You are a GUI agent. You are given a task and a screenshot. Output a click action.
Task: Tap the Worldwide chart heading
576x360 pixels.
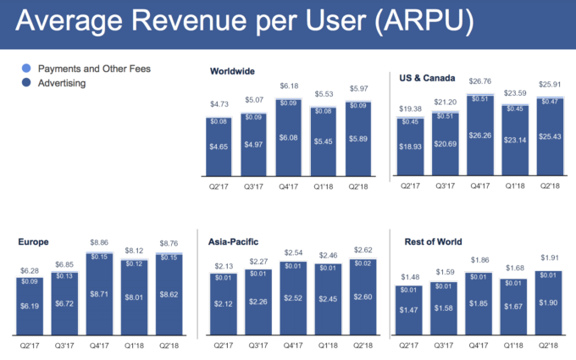[x=233, y=72]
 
